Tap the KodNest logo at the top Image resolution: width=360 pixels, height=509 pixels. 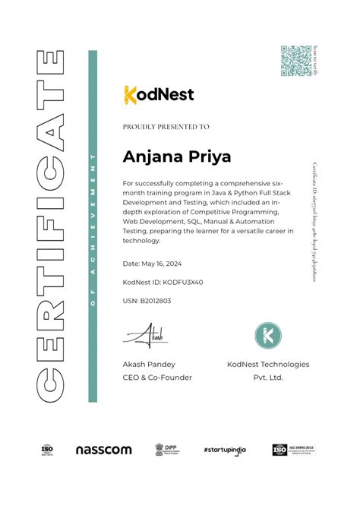point(159,94)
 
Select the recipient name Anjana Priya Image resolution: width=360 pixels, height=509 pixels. point(177,156)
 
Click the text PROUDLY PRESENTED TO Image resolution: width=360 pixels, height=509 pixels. point(166,127)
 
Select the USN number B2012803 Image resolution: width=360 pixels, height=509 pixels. point(147,301)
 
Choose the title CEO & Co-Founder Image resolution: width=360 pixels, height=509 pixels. point(157,377)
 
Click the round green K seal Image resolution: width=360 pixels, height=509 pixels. point(267,335)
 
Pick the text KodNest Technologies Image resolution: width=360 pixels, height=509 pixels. point(268,365)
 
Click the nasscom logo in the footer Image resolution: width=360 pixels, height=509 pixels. point(103,450)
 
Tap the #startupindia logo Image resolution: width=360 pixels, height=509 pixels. point(227,450)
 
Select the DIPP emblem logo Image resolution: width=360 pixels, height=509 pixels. point(164,449)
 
